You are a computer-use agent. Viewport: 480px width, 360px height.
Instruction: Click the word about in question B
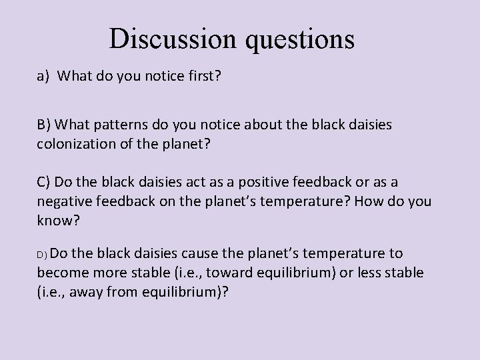[293, 126]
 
